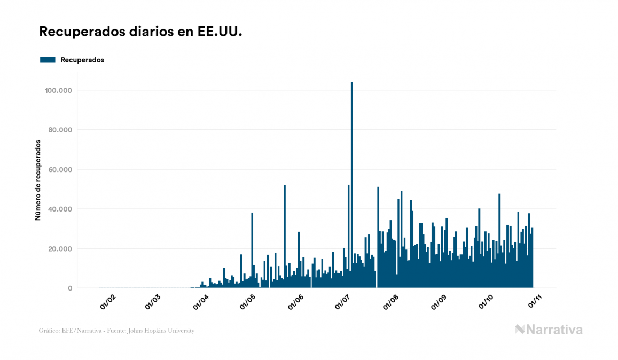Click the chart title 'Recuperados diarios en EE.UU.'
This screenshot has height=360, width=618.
(x=140, y=32)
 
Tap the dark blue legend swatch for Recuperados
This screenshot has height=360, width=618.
(x=48, y=60)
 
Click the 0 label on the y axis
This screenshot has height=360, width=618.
(x=70, y=288)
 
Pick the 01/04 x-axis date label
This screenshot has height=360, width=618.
(x=201, y=302)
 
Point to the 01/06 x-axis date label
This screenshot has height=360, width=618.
(x=296, y=302)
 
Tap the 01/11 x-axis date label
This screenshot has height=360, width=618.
(x=535, y=302)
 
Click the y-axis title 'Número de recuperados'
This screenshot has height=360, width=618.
(x=38, y=180)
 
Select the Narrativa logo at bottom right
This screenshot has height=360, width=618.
(x=549, y=330)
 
